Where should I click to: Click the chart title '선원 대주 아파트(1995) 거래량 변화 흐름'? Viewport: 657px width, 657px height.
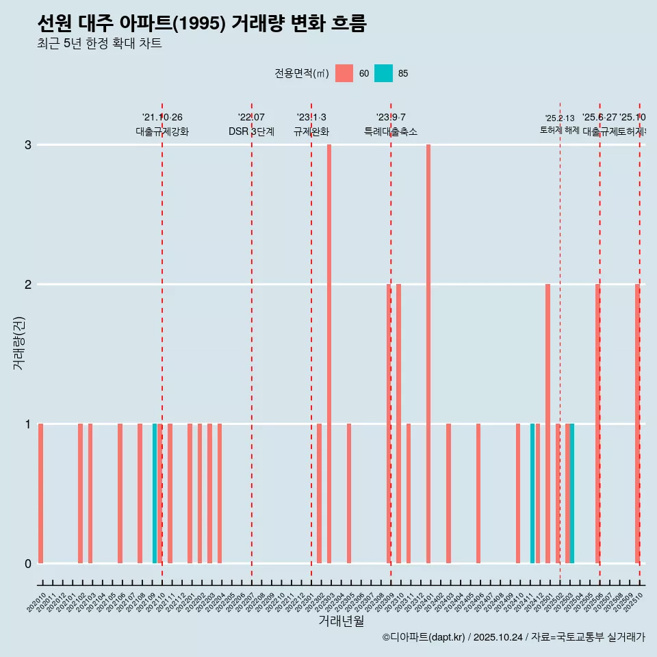tap(202, 24)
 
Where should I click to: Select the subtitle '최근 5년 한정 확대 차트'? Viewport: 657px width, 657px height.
tap(99, 44)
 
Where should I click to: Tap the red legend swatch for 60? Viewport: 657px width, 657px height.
tap(344, 73)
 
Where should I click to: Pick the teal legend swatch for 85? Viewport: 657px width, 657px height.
tap(383, 73)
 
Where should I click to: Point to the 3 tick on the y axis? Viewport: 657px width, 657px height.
tap(28, 144)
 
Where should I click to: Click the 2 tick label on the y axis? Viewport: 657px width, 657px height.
tap(28, 284)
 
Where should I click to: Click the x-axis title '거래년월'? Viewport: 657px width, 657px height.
tap(341, 621)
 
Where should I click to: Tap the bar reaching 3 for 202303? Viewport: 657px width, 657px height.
tap(329, 353)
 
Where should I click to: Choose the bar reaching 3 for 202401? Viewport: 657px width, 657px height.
tap(428, 353)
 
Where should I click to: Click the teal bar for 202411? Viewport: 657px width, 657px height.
tap(532, 493)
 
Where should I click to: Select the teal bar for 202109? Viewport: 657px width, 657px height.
tap(155, 493)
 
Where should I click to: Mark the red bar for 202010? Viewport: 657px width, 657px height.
tap(41, 493)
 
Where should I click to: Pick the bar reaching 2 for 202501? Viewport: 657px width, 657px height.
tap(547, 423)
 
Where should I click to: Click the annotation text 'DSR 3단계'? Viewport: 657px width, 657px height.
tap(251, 131)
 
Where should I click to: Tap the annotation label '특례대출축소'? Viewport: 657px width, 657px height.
tap(390, 131)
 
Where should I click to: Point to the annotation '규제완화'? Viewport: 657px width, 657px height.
tap(311, 131)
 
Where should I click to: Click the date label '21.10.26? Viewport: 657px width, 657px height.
tap(162, 117)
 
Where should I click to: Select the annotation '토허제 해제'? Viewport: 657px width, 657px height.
tap(560, 130)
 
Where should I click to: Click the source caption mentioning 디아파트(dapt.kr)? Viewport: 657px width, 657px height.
tap(513, 637)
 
